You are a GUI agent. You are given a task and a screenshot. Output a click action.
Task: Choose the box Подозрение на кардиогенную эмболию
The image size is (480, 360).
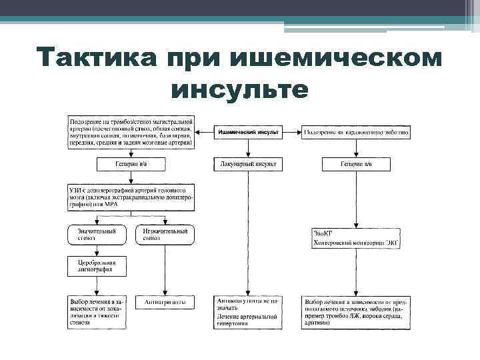357,133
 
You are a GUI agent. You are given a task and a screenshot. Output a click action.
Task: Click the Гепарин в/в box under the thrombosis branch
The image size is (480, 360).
131,163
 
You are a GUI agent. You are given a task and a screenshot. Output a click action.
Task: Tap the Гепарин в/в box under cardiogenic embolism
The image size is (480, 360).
356,163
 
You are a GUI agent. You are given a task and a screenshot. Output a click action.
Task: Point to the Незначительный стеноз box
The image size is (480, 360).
165,234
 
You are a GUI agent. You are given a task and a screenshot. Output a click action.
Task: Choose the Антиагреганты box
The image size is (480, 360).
165,302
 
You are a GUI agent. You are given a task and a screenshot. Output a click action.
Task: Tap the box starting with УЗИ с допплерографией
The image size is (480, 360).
131,197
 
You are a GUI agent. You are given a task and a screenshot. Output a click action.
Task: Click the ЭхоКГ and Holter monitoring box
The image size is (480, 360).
356,237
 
